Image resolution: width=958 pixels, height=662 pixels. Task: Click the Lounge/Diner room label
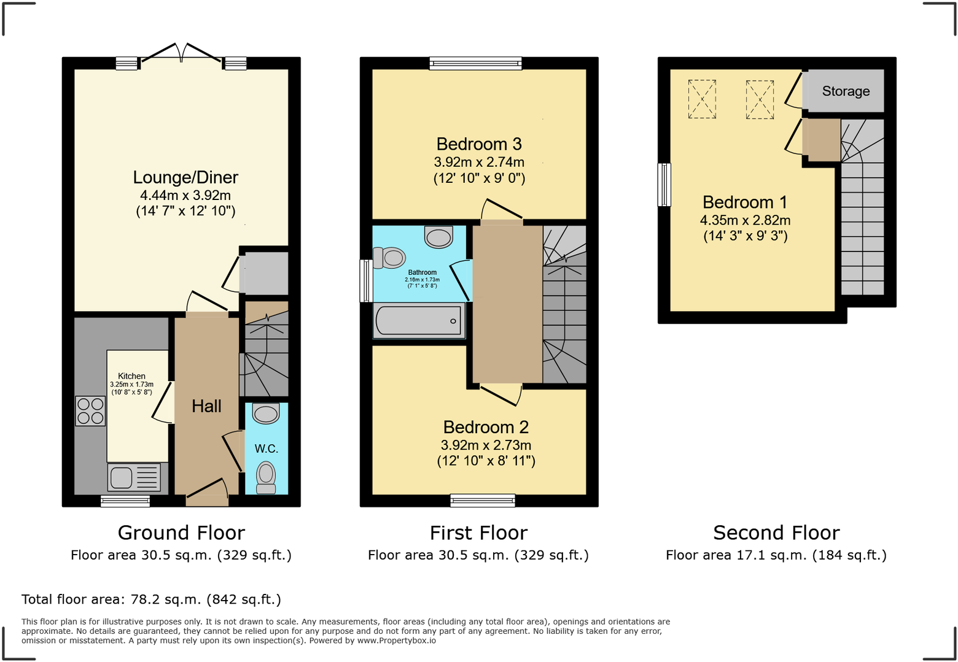coord(185,177)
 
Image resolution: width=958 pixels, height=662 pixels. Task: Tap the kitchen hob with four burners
coord(90,411)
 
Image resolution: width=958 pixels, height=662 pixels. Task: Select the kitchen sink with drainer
coord(134,477)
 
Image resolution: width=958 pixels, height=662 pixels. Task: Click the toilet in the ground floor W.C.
coord(266,477)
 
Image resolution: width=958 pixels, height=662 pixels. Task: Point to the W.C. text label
coord(267,448)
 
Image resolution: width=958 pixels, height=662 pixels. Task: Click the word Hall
coord(206,406)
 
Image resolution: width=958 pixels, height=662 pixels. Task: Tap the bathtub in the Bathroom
coord(419,320)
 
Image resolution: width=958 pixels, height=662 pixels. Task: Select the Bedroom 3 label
coord(479,144)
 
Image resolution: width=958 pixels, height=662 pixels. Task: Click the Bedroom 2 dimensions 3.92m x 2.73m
coord(486,445)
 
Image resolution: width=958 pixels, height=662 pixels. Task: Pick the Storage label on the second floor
coord(846,91)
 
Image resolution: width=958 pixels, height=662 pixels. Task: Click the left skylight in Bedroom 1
coord(702,99)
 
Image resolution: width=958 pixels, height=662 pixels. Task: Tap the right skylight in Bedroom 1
coord(760,99)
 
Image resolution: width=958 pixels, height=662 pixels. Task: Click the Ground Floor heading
coord(181,533)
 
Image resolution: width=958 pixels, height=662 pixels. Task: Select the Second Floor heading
coord(776,533)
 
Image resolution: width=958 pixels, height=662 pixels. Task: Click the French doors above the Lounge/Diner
coord(181,53)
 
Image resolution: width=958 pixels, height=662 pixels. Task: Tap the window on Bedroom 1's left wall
coord(664,185)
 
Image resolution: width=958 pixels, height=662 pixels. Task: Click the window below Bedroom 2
coord(482,501)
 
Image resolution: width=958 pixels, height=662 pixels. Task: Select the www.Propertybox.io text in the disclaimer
coord(397,641)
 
